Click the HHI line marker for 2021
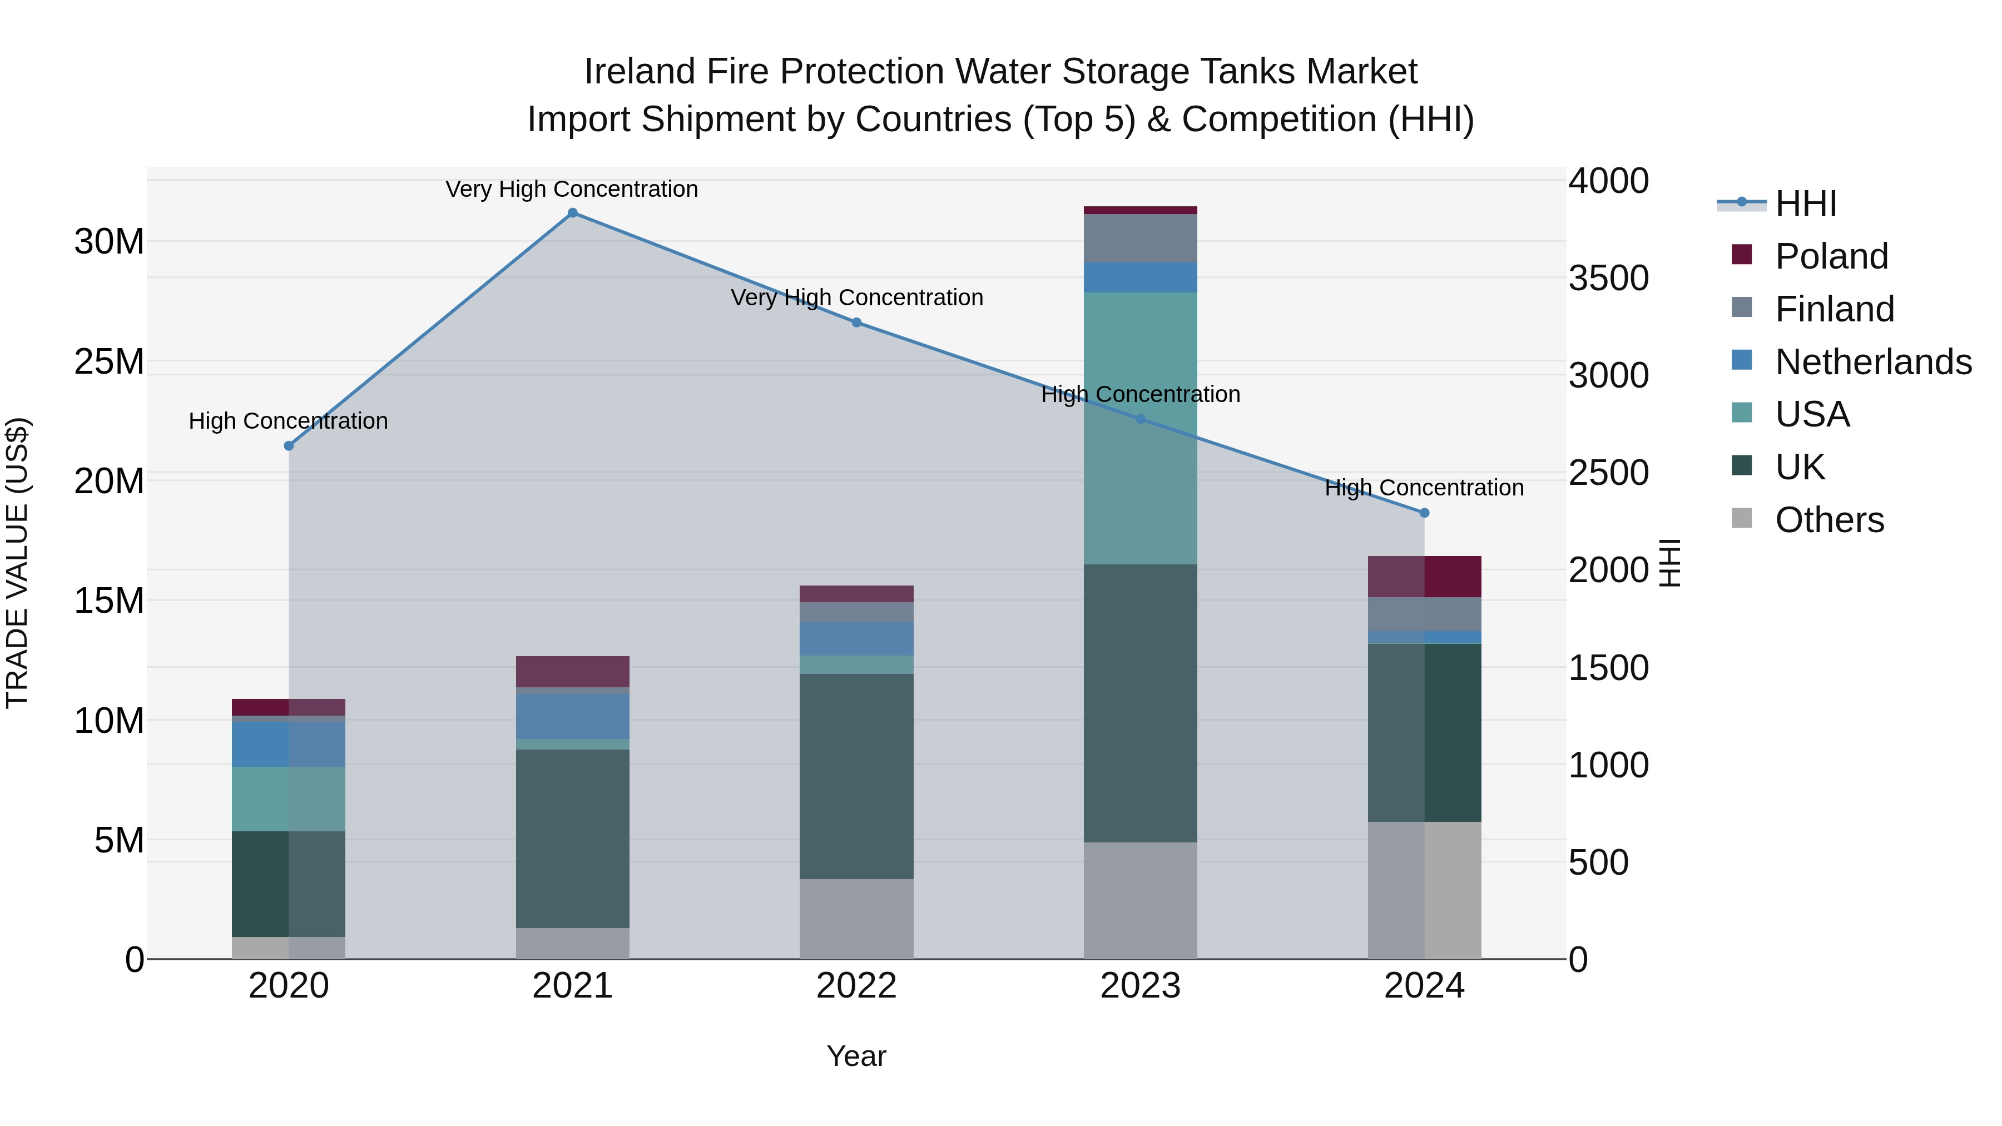tap(572, 213)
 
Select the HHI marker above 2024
tap(1424, 513)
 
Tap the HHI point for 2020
tap(288, 446)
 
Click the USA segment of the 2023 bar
tap(1140, 428)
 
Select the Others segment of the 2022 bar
tap(856, 919)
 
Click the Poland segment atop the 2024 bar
tap(1424, 577)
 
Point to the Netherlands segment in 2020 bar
tap(288, 745)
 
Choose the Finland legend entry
tap(1834, 309)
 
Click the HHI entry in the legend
tap(1805, 204)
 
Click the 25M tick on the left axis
tap(109, 362)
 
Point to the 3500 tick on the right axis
tap(1608, 278)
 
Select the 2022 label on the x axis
tap(856, 986)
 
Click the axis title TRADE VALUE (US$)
tap(17, 563)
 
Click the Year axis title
tap(856, 1056)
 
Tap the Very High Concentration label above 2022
tap(856, 297)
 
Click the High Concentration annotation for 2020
tap(288, 421)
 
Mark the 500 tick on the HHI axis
tap(1598, 862)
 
